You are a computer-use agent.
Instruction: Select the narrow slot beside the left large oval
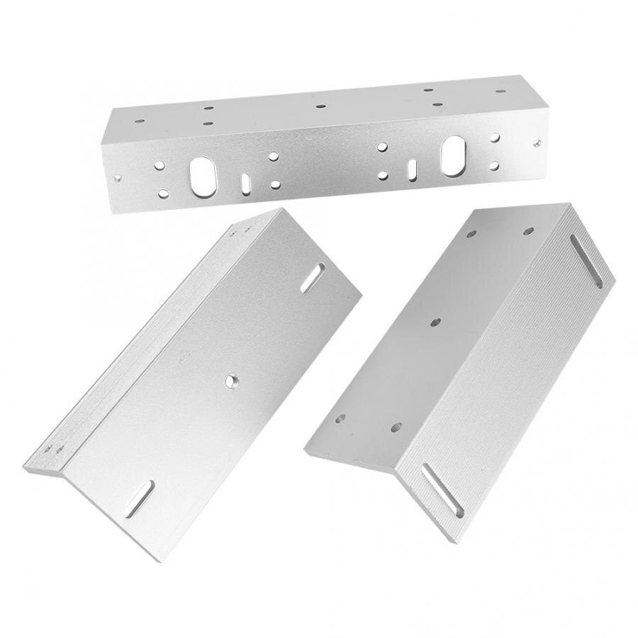point(245,182)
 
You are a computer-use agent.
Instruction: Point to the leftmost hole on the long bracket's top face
point(139,121)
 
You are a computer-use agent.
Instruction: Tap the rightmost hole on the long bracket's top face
point(500,92)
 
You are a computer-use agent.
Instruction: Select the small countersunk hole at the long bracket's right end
point(537,144)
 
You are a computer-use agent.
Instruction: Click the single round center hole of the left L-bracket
point(232,381)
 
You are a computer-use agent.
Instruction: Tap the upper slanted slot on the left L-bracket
point(313,277)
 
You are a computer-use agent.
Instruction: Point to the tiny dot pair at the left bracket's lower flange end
point(54,449)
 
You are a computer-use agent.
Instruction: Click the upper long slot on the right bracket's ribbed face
point(586,262)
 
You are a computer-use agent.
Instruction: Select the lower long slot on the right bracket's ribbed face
point(442,491)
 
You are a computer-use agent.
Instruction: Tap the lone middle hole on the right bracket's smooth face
point(435,322)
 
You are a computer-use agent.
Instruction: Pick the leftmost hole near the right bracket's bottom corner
point(341,418)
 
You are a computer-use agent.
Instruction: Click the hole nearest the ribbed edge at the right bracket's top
point(528,231)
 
